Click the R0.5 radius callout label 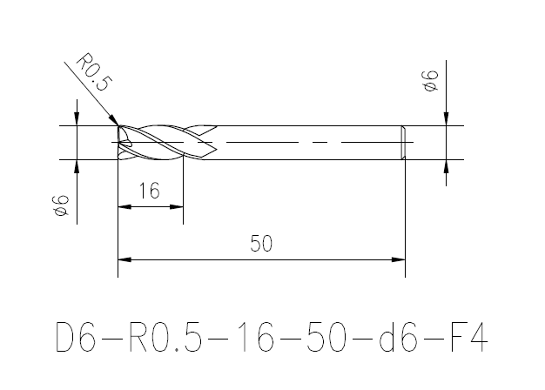94,71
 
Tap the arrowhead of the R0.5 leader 114,120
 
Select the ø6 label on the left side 62,205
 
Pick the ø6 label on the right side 431,81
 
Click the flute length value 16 150,191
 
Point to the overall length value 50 261,244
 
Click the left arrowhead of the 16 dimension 124,207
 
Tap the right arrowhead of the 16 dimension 176,207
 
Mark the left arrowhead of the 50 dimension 124,259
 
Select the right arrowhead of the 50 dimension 399,259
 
